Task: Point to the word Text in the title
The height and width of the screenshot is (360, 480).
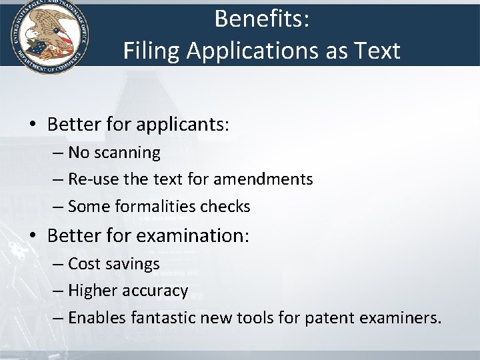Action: pos(377,50)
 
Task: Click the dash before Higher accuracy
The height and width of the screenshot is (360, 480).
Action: pos(58,291)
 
